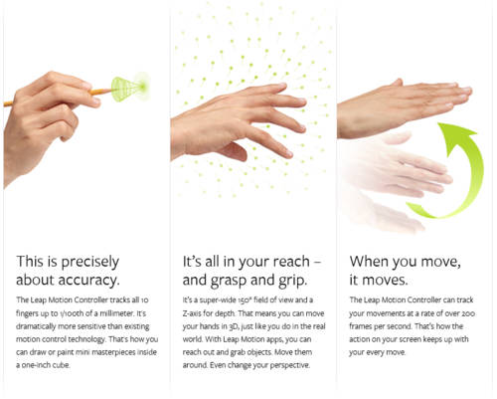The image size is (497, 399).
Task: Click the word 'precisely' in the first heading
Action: [x=90, y=263]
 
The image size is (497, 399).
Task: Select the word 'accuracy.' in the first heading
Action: [x=88, y=281]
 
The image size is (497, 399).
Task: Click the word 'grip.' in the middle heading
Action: [x=292, y=282]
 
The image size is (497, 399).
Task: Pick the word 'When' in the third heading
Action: [x=369, y=262]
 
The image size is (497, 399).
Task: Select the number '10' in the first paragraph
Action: [x=144, y=300]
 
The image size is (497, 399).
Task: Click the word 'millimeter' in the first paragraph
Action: [x=117, y=313]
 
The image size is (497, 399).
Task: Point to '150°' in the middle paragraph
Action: [x=246, y=300]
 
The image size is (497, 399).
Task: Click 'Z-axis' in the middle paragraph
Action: [x=192, y=313]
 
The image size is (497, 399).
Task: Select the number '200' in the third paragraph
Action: [x=469, y=313]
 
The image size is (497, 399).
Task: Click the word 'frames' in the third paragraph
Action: [x=361, y=326]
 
